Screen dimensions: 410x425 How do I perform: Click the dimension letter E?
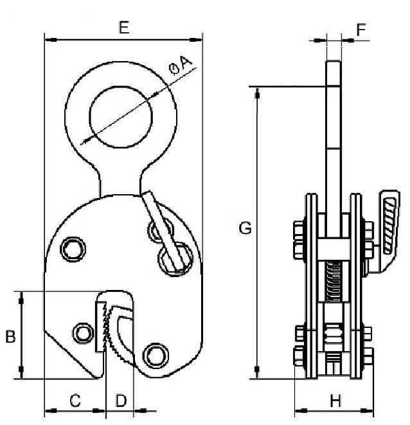pyautogui.click(x=124, y=28)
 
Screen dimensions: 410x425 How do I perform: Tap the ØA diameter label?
pyautogui.click(x=180, y=65)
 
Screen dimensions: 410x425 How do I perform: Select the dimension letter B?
pyautogui.click(x=10, y=337)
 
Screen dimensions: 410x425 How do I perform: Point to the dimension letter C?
pyautogui.click(x=75, y=401)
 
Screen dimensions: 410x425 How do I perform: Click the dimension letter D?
pyautogui.click(x=121, y=401)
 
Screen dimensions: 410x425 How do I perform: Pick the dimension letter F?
pyautogui.click(x=361, y=30)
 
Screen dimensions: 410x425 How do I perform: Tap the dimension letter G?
pyautogui.click(x=245, y=228)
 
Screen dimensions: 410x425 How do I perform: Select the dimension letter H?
pyautogui.click(x=335, y=401)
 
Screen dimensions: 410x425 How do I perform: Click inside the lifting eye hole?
pyautogui.click(x=121, y=118)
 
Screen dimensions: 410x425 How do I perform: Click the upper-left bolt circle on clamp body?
pyautogui.click(x=73, y=249)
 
